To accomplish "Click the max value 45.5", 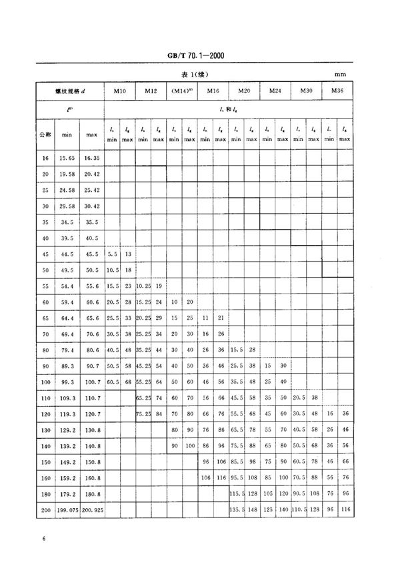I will coord(91,255).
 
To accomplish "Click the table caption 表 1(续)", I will coord(200,74).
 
